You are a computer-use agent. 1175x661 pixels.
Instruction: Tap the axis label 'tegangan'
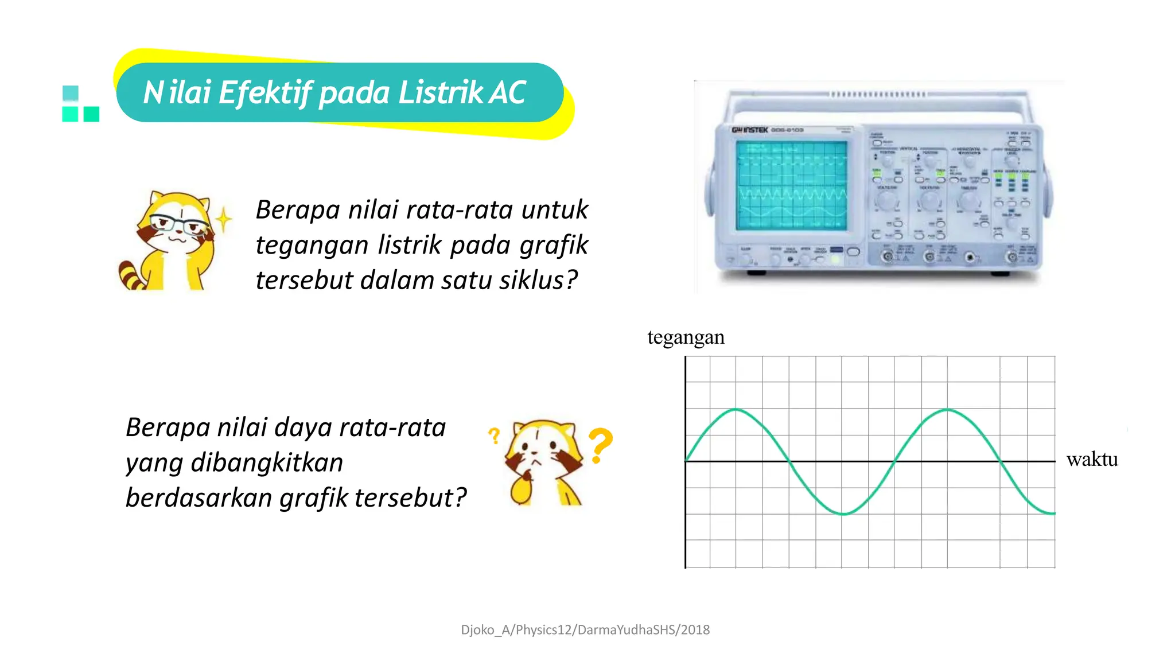point(686,337)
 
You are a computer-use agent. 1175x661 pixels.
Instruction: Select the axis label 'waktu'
point(1092,459)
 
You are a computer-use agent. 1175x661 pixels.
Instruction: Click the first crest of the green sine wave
point(736,410)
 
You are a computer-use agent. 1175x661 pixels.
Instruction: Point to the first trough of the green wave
point(843,514)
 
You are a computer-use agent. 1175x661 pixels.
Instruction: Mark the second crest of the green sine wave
point(947,410)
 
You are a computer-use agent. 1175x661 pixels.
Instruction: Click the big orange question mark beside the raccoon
point(601,445)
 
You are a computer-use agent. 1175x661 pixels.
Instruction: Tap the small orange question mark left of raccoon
point(494,436)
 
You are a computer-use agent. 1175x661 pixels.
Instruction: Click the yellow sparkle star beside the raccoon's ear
point(224,219)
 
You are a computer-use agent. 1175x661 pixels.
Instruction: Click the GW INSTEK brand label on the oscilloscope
point(749,130)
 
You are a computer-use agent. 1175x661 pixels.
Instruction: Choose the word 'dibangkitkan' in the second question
point(267,462)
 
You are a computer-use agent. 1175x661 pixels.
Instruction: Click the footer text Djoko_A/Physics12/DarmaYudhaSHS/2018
point(585,630)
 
